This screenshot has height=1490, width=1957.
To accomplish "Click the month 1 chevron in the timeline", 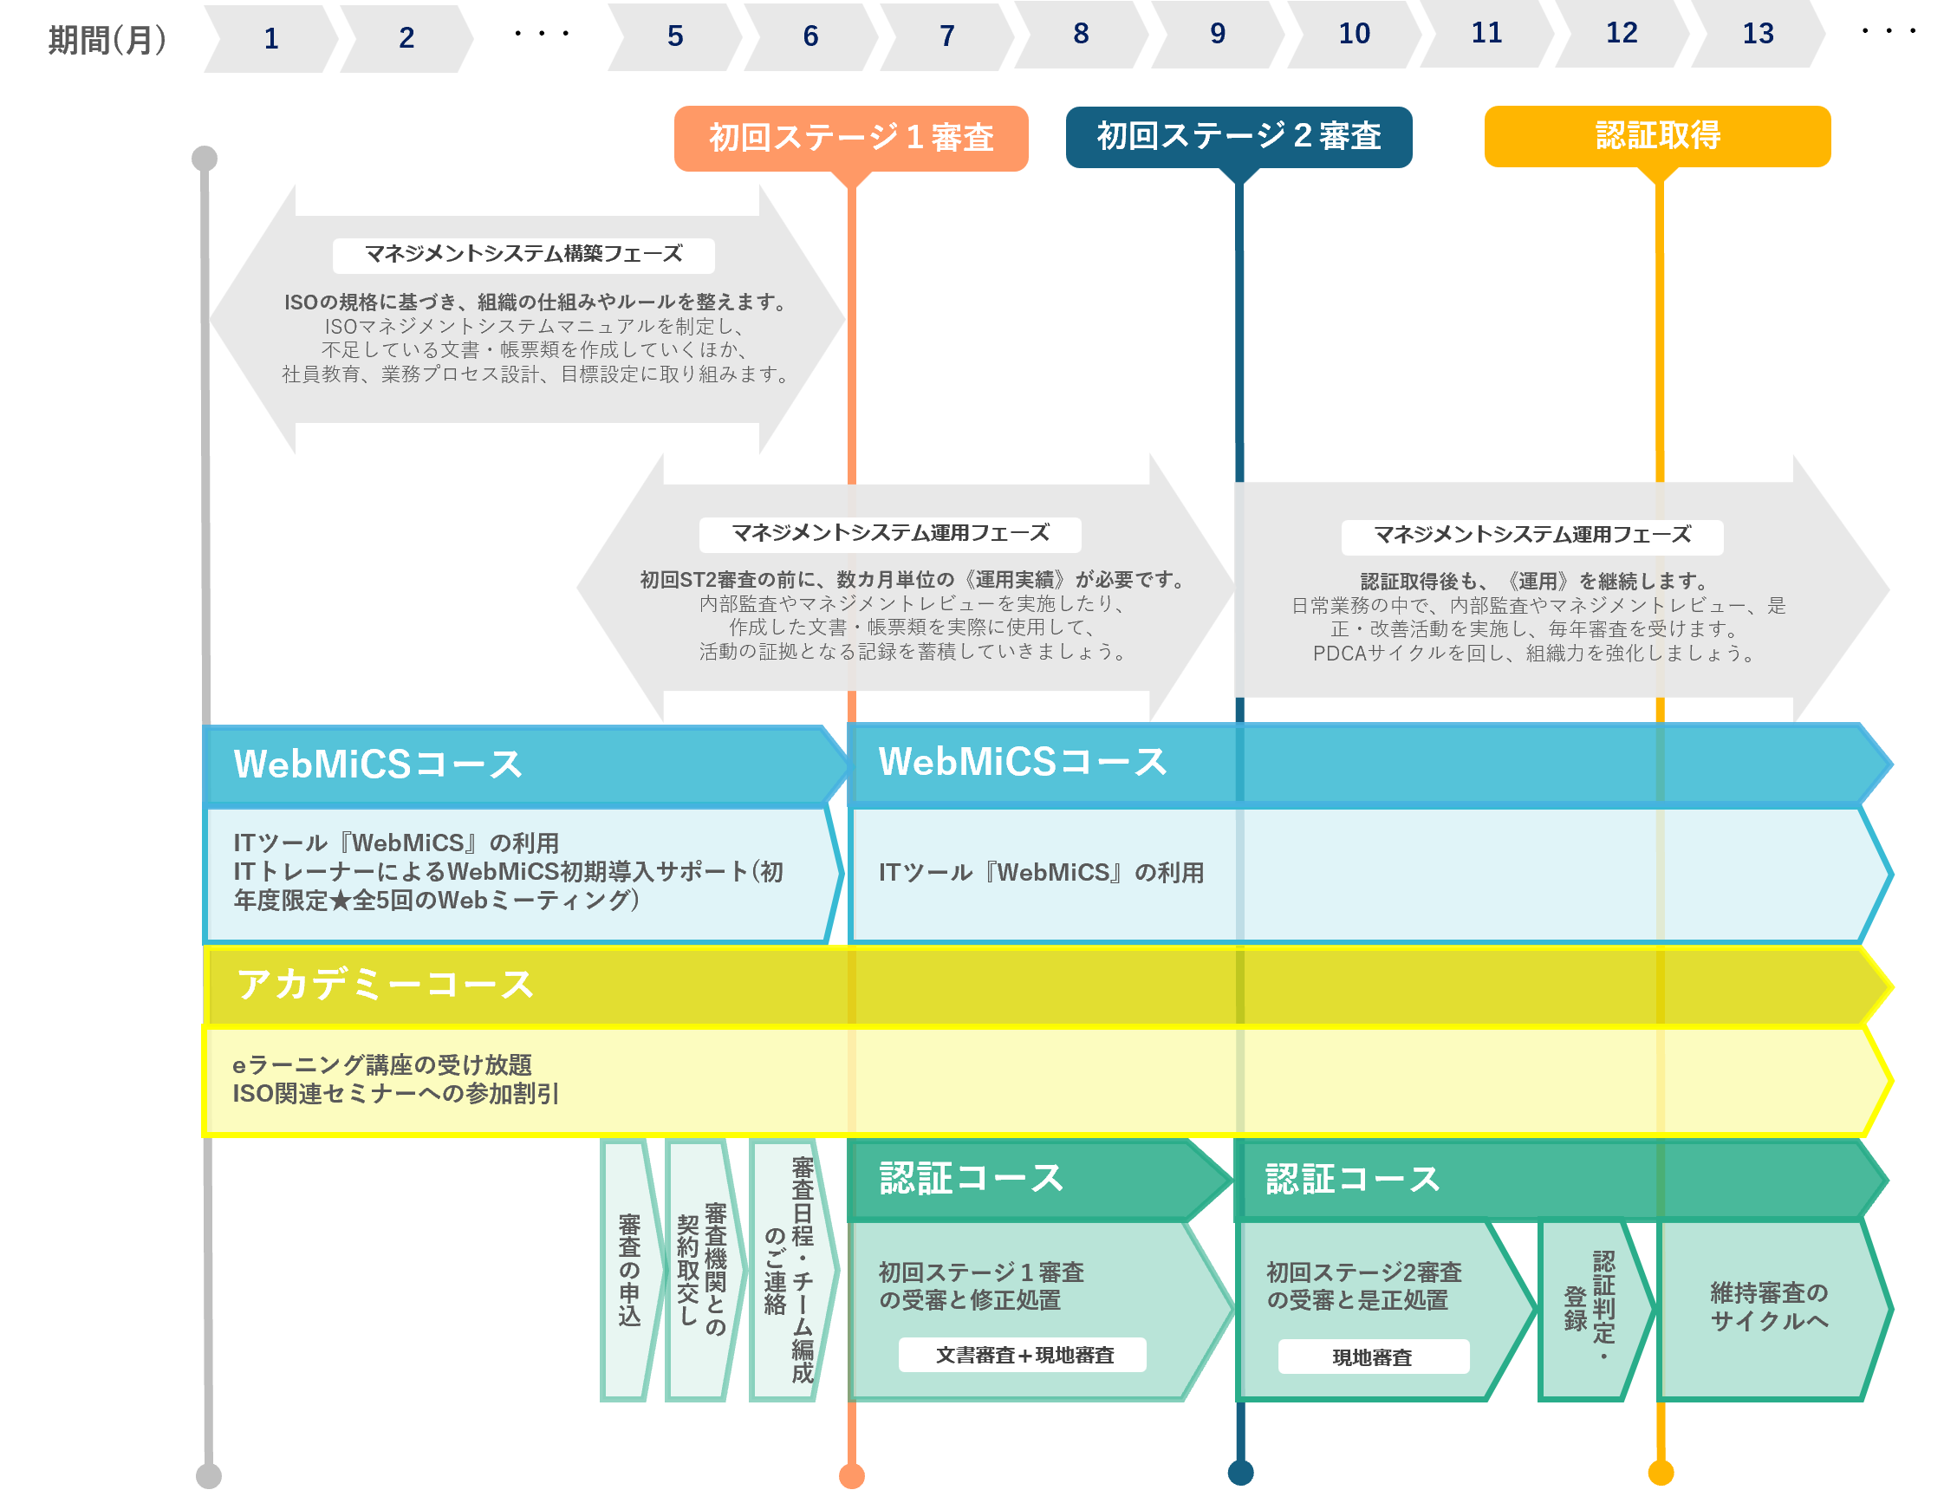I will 270,39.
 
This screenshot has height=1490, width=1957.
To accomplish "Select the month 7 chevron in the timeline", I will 946,36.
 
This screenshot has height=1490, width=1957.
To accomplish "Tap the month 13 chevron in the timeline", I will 1758,34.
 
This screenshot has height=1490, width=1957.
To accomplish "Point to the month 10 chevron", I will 1353,34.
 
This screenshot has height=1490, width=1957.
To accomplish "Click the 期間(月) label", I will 107,40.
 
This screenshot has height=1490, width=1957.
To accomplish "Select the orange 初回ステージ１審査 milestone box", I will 850,138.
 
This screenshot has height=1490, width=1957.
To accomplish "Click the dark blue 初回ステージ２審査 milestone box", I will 1238,136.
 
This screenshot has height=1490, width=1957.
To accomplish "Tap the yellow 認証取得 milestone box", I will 1656,136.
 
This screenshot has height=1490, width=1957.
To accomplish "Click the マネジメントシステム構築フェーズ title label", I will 523,255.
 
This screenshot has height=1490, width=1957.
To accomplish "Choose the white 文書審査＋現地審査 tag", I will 1024,1354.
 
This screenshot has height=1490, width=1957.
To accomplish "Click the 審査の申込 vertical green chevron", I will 629,1270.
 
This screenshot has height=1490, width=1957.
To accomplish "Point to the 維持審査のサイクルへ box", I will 1768,1306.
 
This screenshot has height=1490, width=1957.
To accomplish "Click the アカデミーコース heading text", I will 384,985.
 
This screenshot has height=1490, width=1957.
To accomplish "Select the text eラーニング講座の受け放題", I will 382,1064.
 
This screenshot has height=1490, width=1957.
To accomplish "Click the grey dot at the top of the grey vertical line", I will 205,158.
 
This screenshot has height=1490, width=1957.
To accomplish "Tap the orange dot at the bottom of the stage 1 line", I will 851,1475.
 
